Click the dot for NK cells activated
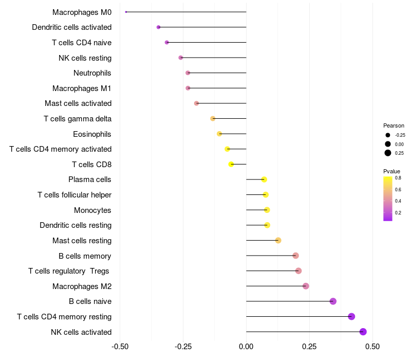pyautogui.click(x=363, y=332)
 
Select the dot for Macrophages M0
pyautogui.click(x=126, y=12)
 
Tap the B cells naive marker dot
pyautogui.click(x=333, y=301)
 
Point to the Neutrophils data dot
pyautogui.click(x=188, y=73)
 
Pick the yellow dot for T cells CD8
pyautogui.click(x=231, y=165)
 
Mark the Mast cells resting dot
pyautogui.click(x=278, y=240)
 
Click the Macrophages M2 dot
pyautogui.click(x=306, y=286)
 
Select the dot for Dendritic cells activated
pyautogui.click(x=159, y=27)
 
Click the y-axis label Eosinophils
pyautogui.click(x=92, y=134)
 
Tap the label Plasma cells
pyautogui.click(x=90, y=179)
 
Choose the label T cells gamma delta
pyautogui.click(x=78, y=119)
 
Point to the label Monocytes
pyautogui.click(x=92, y=210)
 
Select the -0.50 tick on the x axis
pyautogui.click(x=120, y=347)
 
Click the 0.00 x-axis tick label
pyautogui.click(x=247, y=347)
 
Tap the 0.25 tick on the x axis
pyautogui.click(x=309, y=347)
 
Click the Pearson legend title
pyautogui.click(x=394, y=125)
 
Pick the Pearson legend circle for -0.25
pyautogui.click(x=388, y=135)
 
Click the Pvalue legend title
pyautogui.click(x=391, y=171)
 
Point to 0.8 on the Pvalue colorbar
pyautogui.click(x=398, y=178)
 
